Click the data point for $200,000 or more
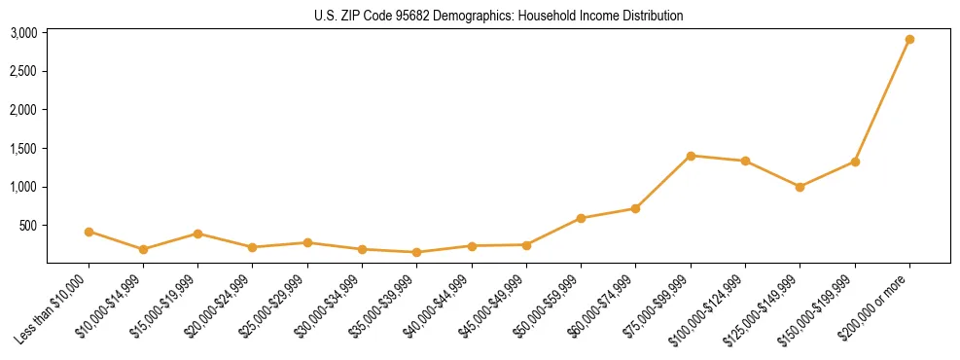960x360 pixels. [x=909, y=40]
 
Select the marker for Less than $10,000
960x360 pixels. [x=89, y=232]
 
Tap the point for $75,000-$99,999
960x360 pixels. [x=691, y=156]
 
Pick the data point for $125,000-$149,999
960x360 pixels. [x=800, y=187]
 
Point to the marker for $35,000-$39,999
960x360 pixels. [x=416, y=252]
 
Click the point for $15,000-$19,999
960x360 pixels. [x=197, y=234]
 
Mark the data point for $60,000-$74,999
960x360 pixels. [x=635, y=208]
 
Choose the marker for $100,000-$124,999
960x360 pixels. [x=745, y=161]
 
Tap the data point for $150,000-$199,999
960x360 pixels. [x=855, y=162]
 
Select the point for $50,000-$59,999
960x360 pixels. [x=581, y=218]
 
